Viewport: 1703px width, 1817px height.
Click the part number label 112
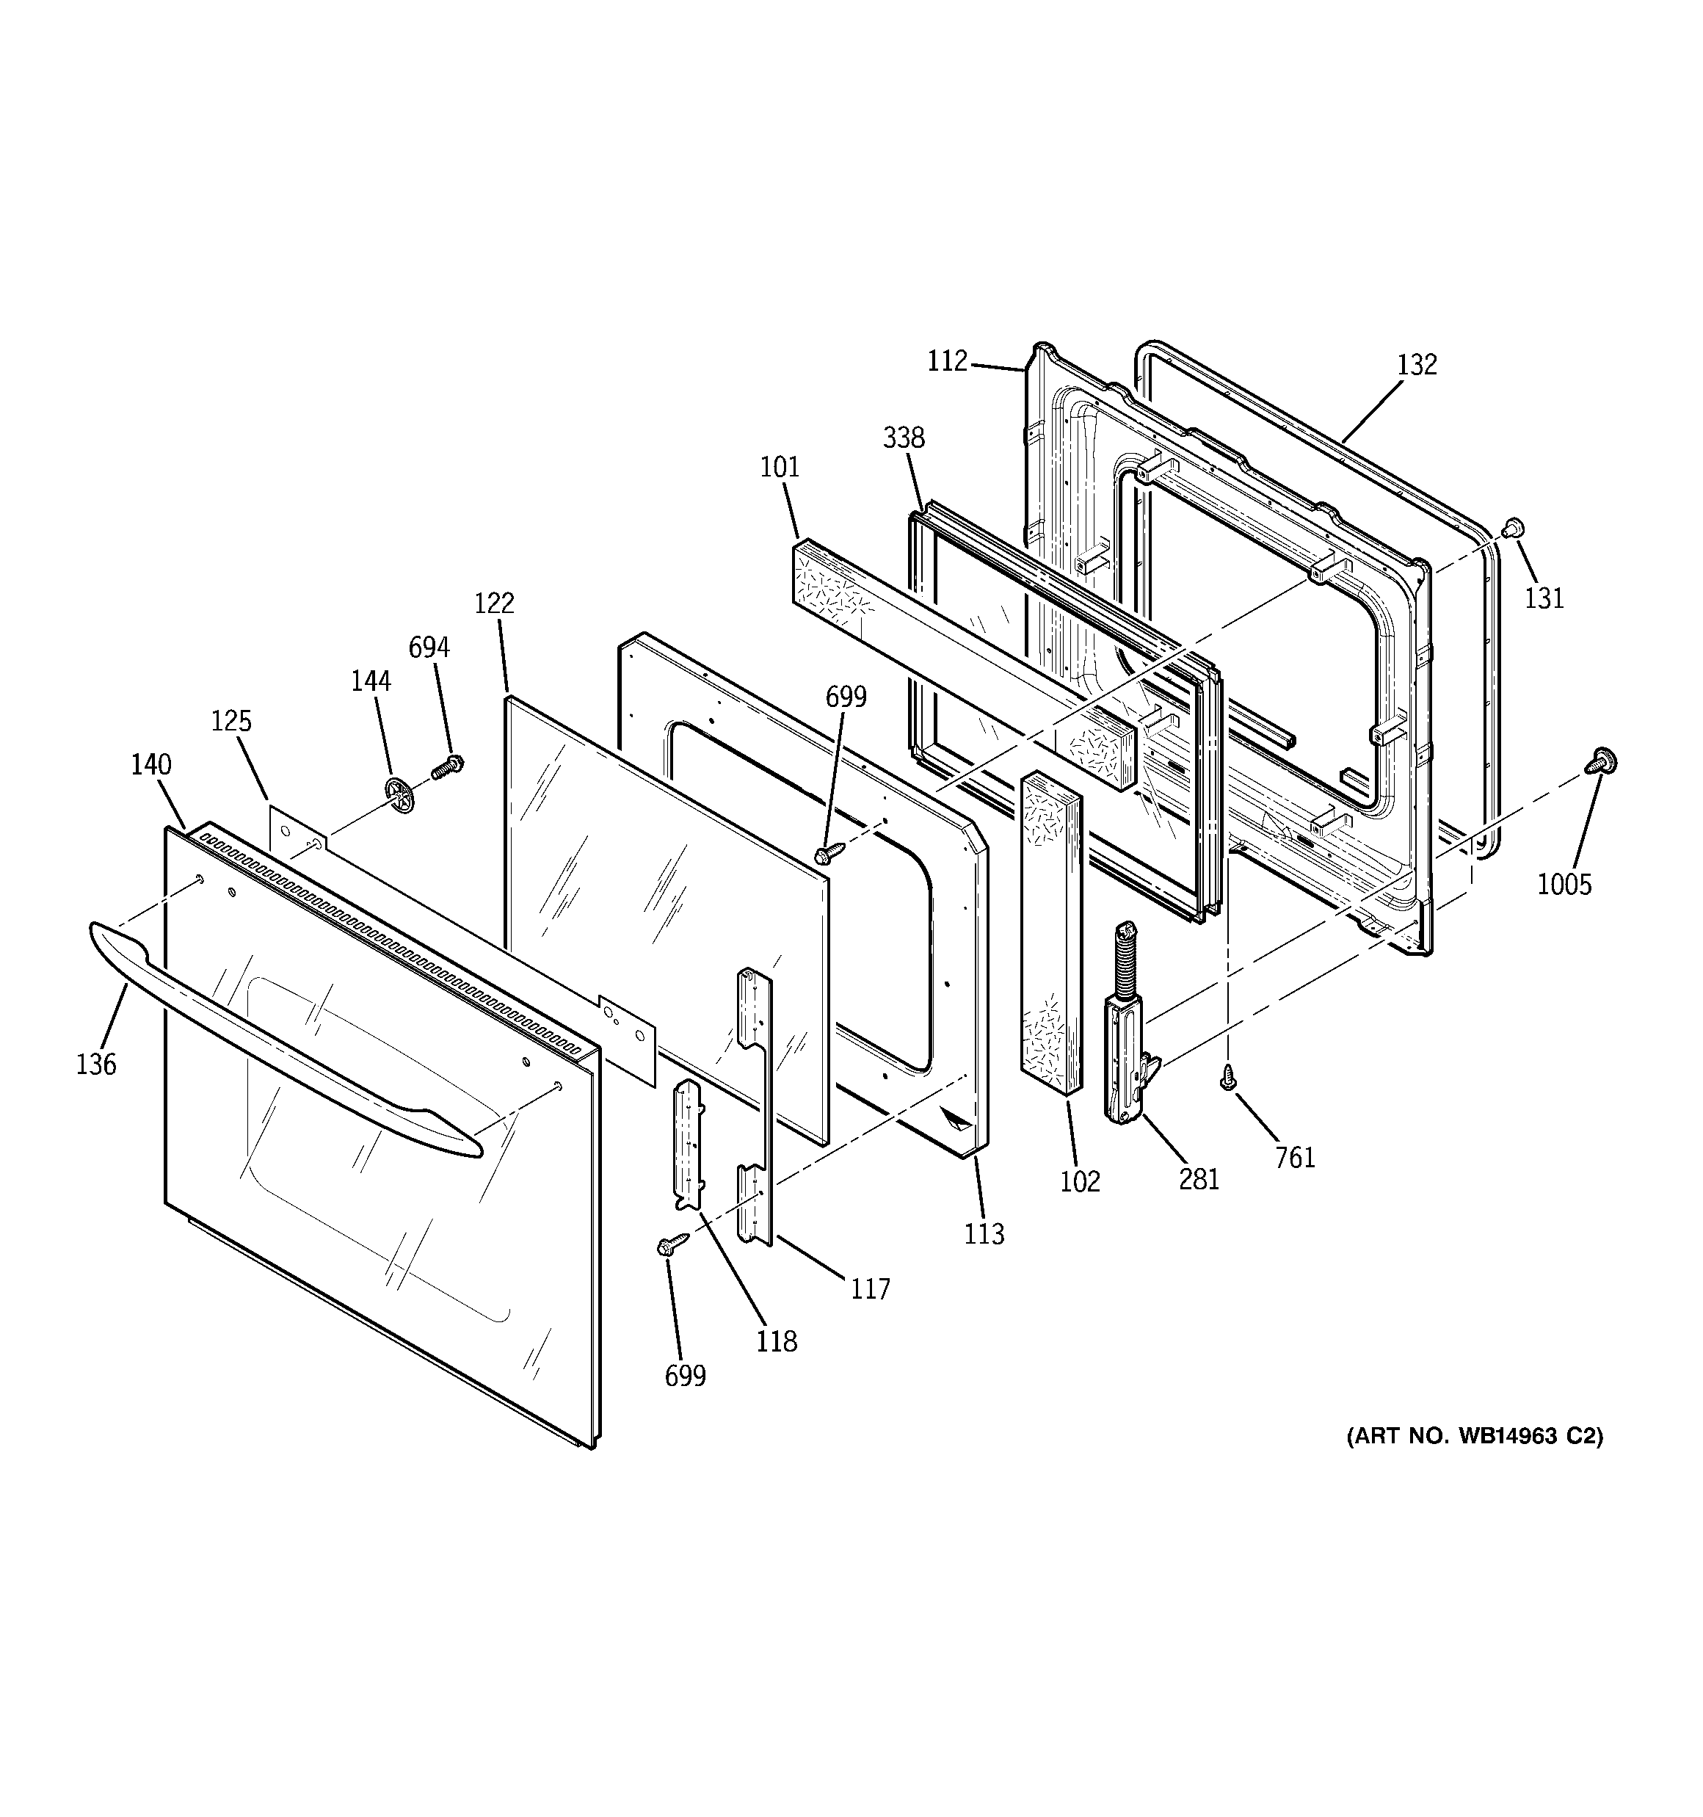coord(947,362)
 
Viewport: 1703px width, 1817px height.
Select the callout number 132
coord(1417,365)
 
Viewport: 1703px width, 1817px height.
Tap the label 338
coord(903,438)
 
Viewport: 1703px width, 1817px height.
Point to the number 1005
coord(1564,884)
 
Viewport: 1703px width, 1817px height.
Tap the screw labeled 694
coord(448,766)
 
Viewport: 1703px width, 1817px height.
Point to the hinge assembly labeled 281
coord(1126,1033)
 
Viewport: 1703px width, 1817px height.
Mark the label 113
coord(984,1234)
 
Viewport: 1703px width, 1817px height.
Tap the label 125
coord(231,721)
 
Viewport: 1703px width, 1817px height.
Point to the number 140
coord(150,764)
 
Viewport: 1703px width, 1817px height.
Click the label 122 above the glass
coord(495,603)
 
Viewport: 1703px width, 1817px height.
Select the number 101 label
coord(780,467)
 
